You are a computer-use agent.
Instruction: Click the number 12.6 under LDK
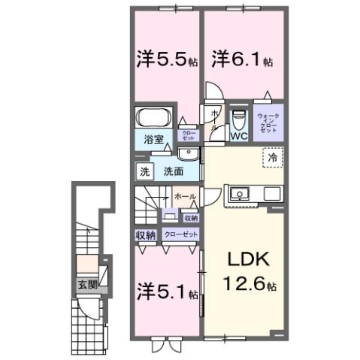click(247, 285)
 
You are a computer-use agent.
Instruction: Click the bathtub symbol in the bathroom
click(155, 119)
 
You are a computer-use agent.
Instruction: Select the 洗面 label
click(174, 171)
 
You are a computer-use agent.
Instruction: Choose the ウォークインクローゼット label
click(268, 123)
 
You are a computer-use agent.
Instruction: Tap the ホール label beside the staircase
click(185, 196)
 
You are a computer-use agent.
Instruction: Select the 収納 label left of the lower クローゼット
click(146, 235)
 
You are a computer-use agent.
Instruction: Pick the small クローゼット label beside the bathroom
click(187, 136)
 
